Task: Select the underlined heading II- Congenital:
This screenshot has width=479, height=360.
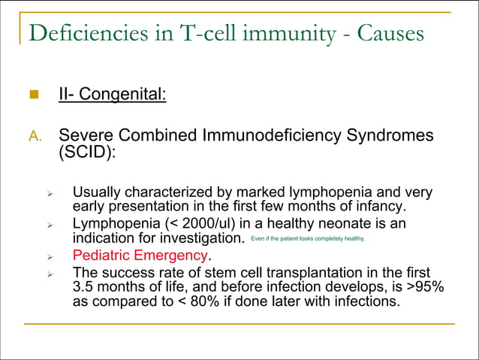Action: coord(112,95)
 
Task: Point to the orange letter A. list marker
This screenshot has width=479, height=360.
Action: coord(35,137)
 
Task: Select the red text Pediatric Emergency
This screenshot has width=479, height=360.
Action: coord(141,256)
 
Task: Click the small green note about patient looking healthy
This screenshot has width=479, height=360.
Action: coord(309,239)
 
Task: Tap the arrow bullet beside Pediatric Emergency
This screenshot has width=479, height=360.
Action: coord(49,256)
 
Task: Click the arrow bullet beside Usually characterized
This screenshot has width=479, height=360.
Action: coord(49,192)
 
